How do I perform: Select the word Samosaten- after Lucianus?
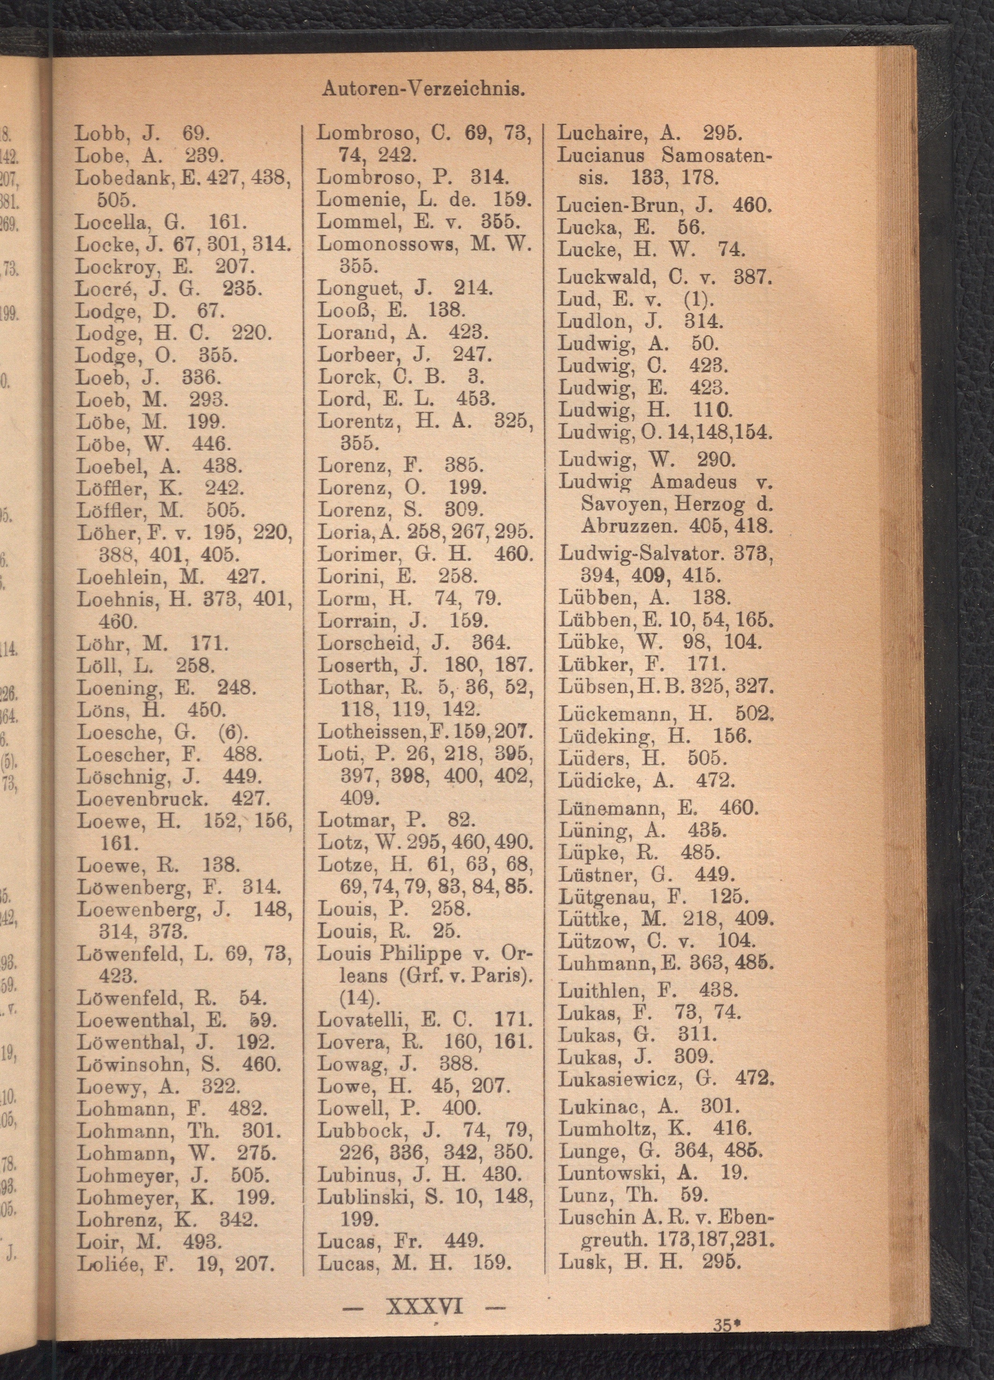click(716, 155)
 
